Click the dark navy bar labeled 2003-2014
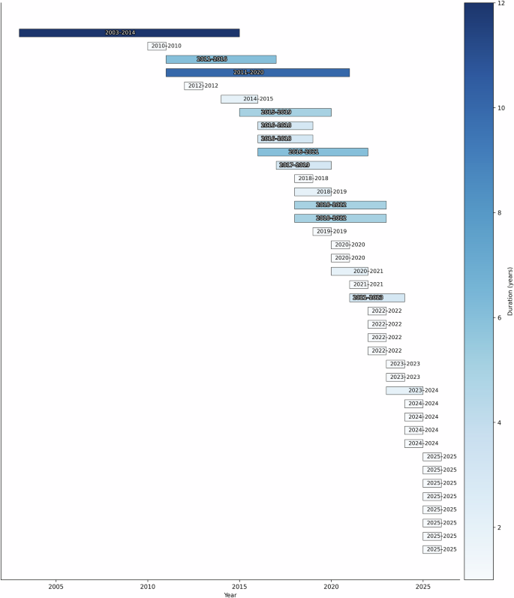tap(129, 33)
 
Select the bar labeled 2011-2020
tap(257, 73)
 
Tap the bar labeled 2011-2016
tap(221, 59)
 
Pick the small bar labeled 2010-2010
tap(157, 46)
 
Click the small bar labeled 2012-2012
tap(194, 86)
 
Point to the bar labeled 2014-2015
tap(239, 99)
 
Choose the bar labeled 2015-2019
tap(285, 113)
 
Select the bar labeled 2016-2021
tap(313, 152)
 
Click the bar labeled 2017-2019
tap(303, 165)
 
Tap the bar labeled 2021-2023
tap(377, 298)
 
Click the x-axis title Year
tap(230, 594)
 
